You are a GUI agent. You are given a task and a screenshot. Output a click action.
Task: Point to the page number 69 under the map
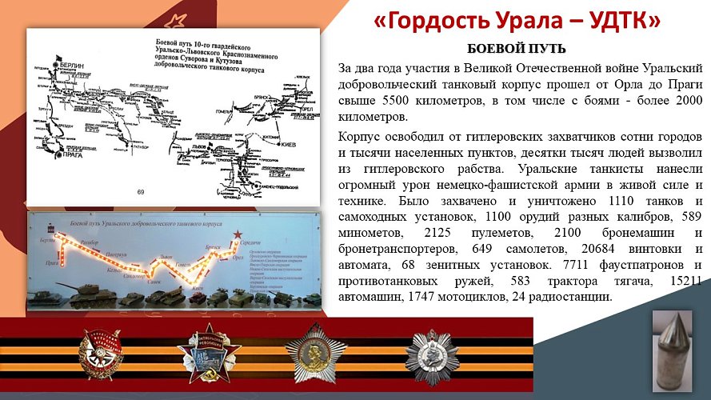(x=141, y=192)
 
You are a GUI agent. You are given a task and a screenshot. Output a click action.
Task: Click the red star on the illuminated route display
(x=236, y=234)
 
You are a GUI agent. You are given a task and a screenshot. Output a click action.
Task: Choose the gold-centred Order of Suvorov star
(x=312, y=354)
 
